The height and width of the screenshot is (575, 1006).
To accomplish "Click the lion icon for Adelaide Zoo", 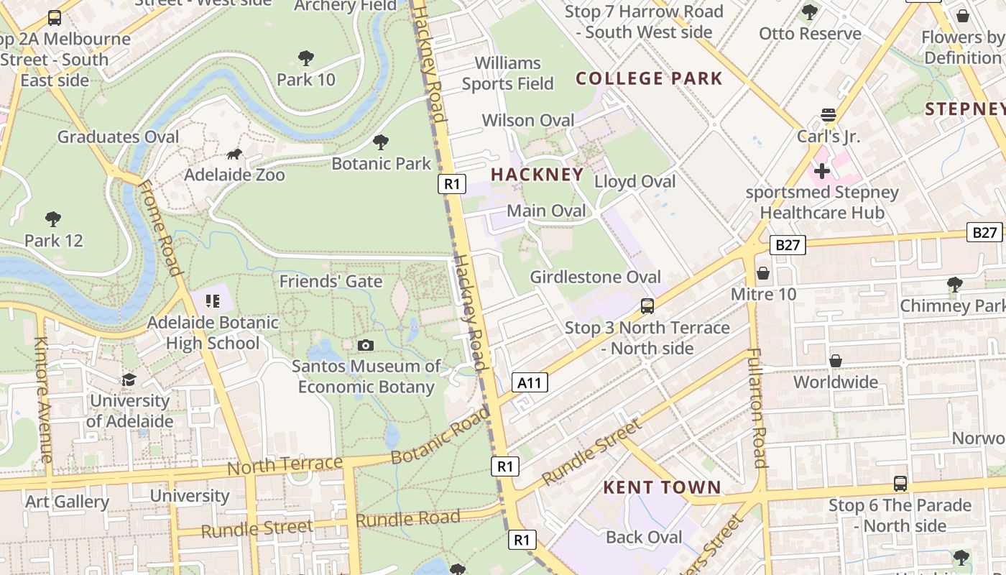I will [x=234, y=154].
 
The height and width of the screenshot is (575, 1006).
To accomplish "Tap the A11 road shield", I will [x=530, y=382].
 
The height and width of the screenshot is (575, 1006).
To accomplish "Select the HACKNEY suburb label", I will [x=537, y=175].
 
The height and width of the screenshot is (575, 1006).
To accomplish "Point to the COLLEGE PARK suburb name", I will [x=649, y=78].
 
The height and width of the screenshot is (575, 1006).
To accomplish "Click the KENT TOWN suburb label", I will [x=662, y=487].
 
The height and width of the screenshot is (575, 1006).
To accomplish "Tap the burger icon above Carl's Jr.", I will [x=828, y=116].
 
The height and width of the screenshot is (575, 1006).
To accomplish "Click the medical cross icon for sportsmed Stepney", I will [x=822, y=171].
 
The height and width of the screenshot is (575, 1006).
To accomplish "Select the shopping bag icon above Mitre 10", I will [x=763, y=273].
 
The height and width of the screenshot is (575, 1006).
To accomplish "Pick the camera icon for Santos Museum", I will [x=366, y=345].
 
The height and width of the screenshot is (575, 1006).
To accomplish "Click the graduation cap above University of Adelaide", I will [x=129, y=379].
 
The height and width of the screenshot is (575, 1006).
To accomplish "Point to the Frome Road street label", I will [x=159, y=229].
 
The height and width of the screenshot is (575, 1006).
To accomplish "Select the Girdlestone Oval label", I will [x=595, y=277].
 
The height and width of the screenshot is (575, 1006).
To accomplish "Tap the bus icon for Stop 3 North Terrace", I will [x=647, y=306].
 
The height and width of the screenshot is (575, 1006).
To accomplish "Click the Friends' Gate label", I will [x=331, y=281].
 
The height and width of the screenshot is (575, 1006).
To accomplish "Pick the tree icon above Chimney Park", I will [x=954, y=284].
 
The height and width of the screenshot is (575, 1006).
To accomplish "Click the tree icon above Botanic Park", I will [x=381, y=142].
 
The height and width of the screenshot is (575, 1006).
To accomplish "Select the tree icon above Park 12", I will [x=53, y=218].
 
